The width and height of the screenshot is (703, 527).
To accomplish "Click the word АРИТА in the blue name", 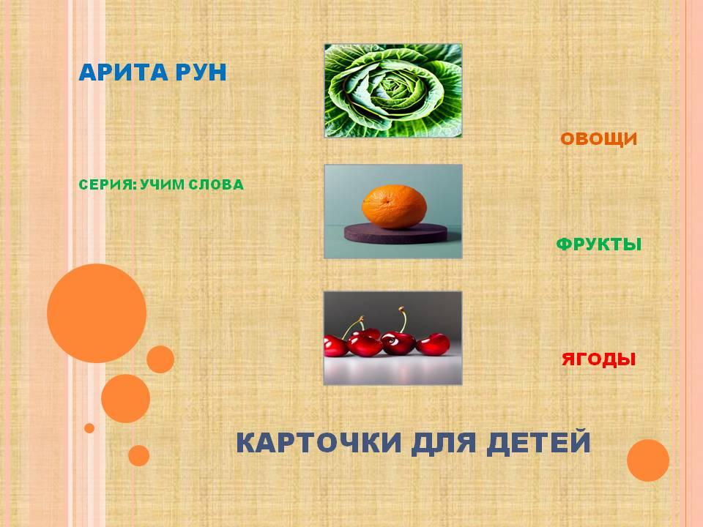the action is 123,72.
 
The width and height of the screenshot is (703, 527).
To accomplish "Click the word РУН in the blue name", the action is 201,72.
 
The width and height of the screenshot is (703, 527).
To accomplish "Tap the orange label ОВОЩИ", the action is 598,139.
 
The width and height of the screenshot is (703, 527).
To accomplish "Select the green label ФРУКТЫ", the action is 598,244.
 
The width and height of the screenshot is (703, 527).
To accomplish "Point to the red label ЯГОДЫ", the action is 598,359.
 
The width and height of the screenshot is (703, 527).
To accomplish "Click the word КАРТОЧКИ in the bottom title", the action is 319,443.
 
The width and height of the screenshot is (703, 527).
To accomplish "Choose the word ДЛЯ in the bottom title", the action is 444,443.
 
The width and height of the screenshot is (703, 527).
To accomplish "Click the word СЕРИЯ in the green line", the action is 107,184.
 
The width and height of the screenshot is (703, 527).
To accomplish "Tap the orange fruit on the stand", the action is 394,207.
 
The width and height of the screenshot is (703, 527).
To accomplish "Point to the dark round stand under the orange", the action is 395,233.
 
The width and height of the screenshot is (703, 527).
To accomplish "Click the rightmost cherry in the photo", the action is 433,344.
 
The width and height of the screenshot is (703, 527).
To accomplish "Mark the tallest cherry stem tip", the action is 401,309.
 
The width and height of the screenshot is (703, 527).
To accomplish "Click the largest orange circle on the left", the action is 97,313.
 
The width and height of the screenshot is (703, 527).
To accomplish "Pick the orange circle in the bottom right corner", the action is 648,460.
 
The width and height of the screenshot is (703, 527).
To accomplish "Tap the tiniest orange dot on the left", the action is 89,428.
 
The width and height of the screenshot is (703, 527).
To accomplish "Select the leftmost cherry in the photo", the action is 335,346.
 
